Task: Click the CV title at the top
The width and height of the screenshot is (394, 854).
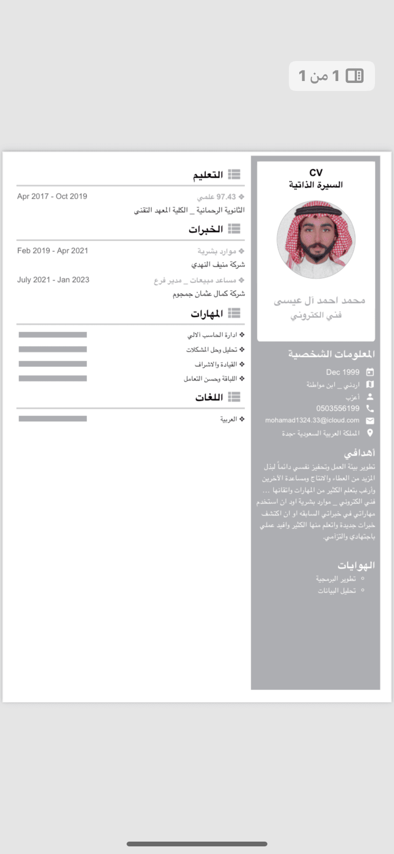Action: (x=316, y=173)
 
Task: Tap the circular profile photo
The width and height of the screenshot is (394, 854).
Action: (x=316, y=239)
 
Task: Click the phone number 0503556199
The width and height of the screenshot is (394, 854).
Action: (x=338, y=408)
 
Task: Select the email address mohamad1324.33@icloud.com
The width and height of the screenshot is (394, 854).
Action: (x=312, y=420)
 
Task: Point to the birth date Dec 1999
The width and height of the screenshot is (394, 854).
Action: (x=343, y=372)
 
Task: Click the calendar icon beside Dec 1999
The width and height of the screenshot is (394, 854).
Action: (x=370, y=372)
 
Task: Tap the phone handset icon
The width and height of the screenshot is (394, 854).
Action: (x=370, y=408)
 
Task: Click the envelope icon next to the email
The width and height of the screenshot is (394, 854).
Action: (x=370, y=421)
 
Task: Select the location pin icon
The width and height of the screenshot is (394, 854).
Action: (x=370, y=433)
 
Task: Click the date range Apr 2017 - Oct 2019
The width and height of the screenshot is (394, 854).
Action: (x=52, y=196)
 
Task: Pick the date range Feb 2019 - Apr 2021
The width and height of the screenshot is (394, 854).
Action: (x=53, y=251)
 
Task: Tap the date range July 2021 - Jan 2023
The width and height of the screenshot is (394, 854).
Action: (x=53, y=280)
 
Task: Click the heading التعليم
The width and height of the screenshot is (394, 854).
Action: (x=208, y=175)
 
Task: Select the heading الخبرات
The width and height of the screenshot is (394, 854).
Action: (x=206, y=229)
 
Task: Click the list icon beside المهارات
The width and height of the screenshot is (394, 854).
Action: (x=234, y=313)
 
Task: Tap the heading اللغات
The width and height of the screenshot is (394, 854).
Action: (x=209, y=397)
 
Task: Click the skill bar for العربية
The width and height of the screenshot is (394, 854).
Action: (x=53, y=419)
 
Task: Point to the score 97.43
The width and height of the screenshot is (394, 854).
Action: (x=226, y=197)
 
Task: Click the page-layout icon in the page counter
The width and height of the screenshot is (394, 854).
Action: (x=355, y=76)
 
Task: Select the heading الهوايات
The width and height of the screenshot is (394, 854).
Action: (x=356, y=566)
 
